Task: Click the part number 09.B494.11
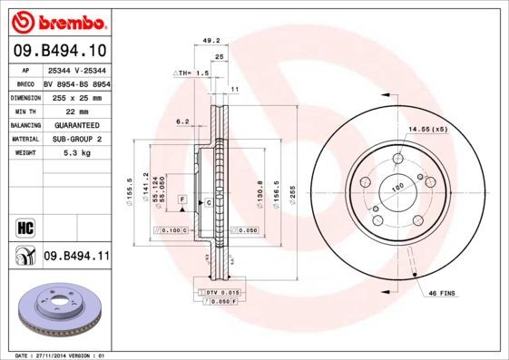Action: coord(76,258)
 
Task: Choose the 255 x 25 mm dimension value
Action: coord(76,96)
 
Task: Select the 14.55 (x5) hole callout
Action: coord(427,131)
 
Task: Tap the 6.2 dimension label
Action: coord(181,121)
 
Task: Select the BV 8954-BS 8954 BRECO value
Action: coord(76,83)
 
